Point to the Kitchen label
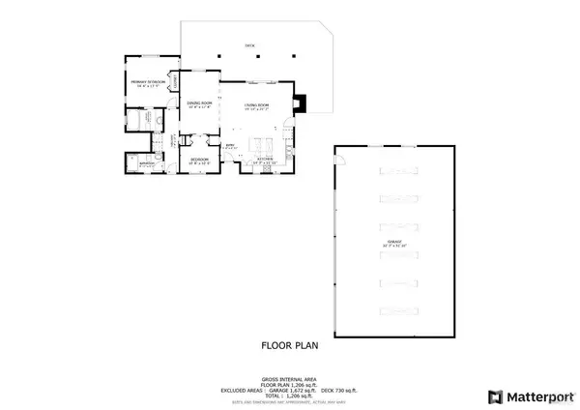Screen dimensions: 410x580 pos(263,159)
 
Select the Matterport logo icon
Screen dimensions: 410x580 pos(495,395)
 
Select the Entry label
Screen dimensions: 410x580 pos(174,145)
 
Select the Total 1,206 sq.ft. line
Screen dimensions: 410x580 pos(289,396)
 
